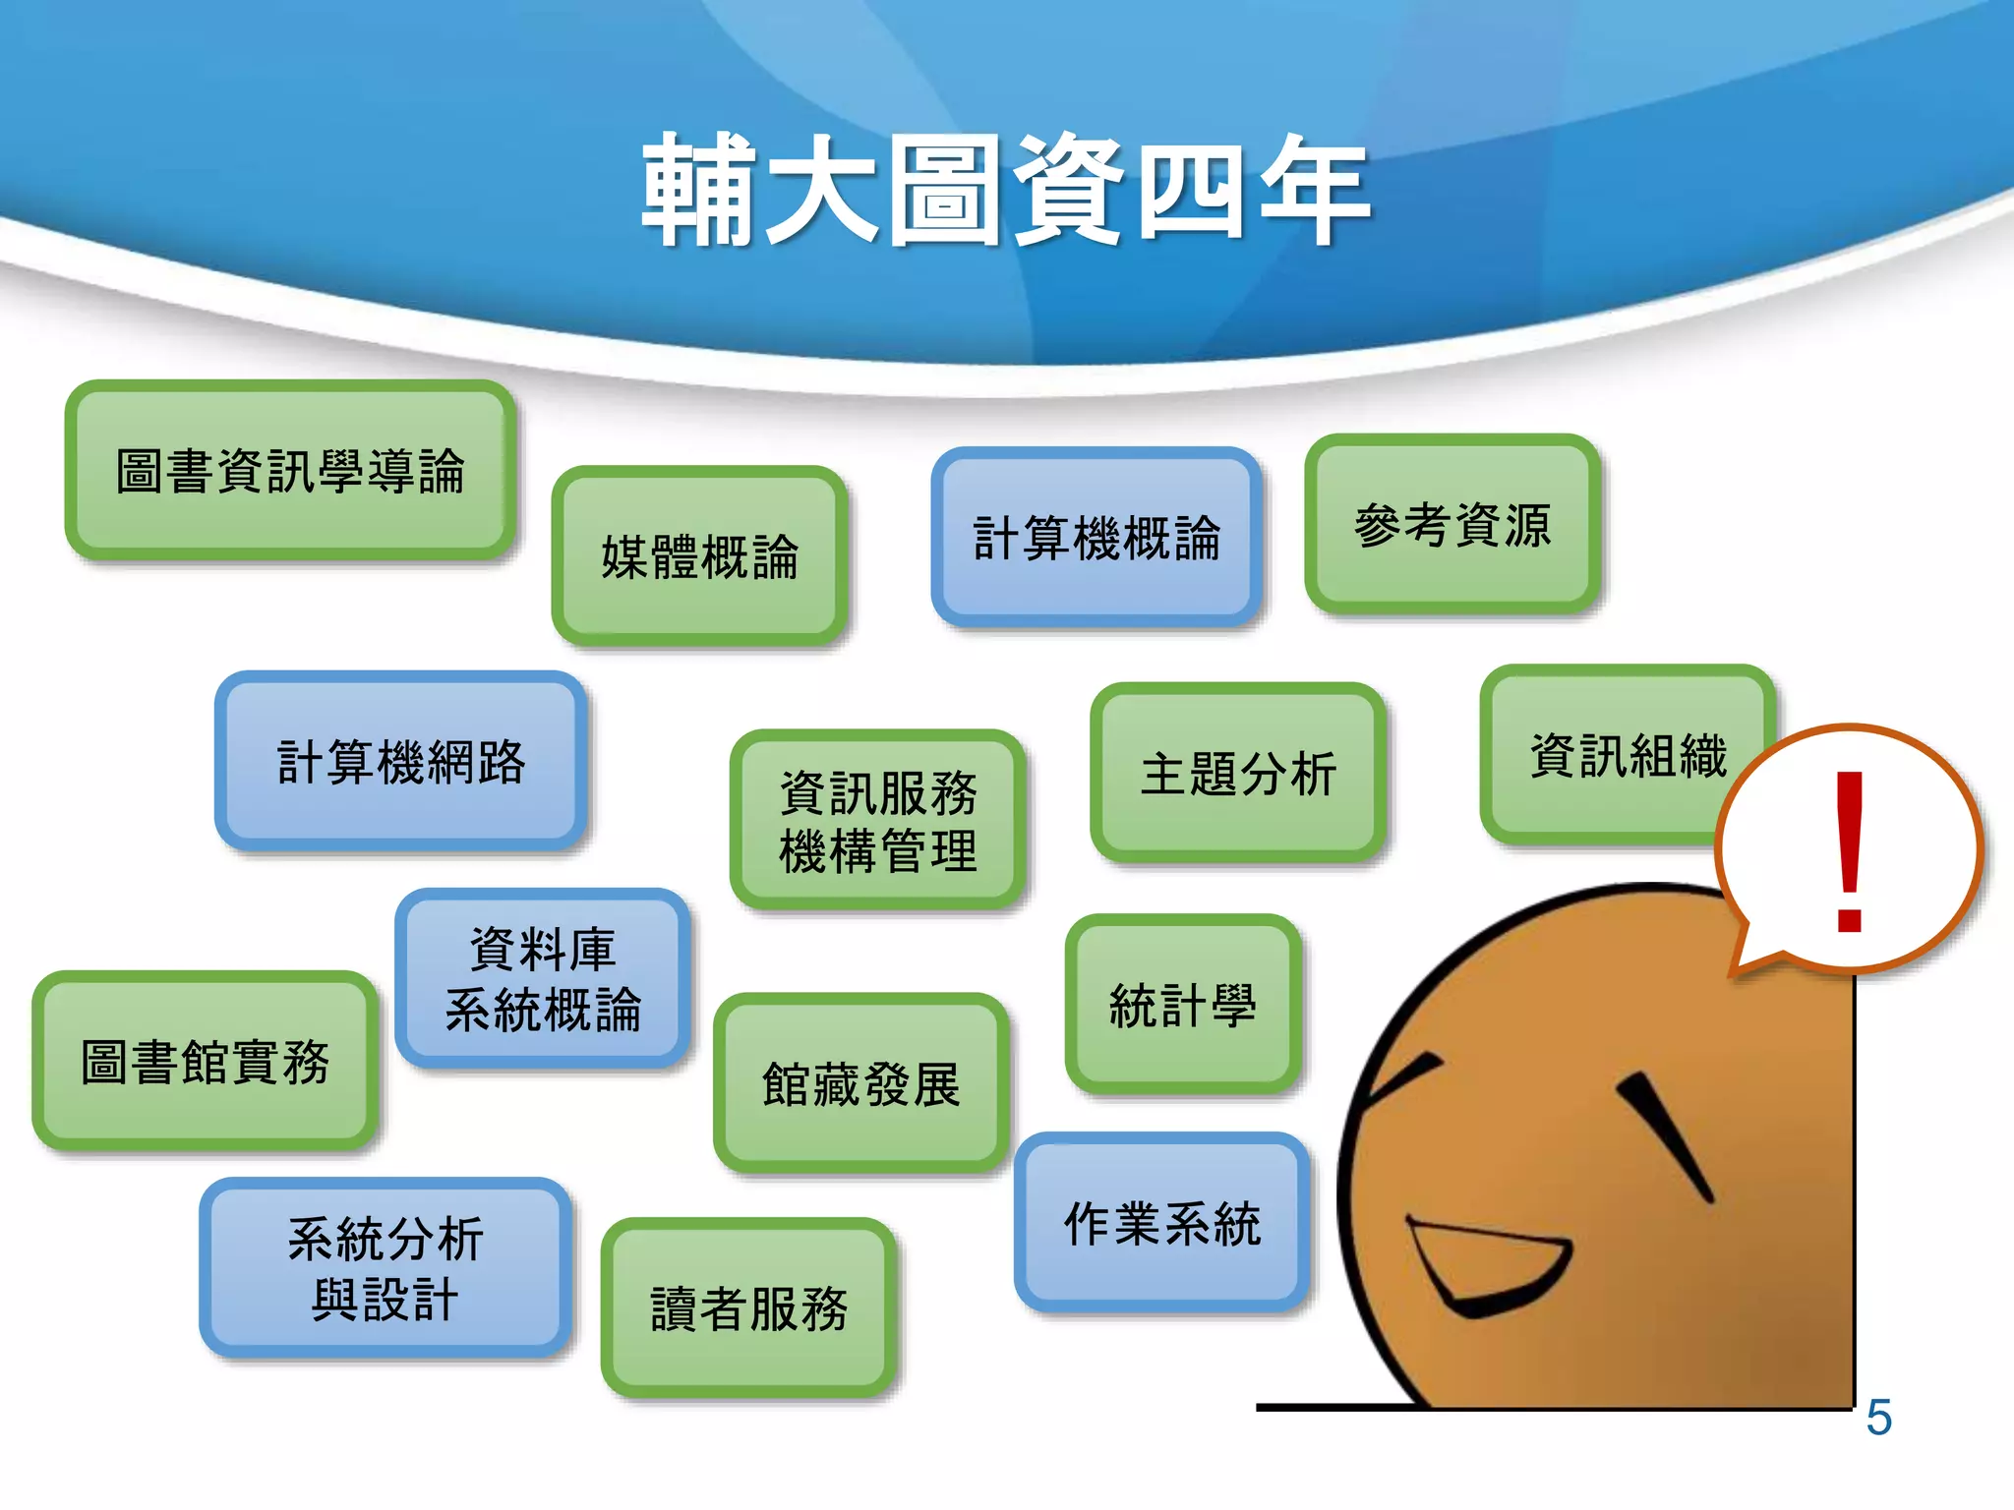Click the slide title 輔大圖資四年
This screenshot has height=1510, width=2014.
[x=1005, y=190]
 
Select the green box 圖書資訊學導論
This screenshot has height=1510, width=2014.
[x=290, y=471]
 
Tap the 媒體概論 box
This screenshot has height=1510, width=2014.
[x=699, y=556]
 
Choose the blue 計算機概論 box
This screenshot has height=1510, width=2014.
[x=1096, y=538]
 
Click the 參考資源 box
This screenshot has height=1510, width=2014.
[x=1452, y=525]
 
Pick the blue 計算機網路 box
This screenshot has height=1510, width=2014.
[x=401, y=762]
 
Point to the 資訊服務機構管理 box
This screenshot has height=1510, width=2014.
[x=877, y=820]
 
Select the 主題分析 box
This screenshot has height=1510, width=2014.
[x=1238, y=773]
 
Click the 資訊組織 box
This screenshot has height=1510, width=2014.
[x=1613, y=755]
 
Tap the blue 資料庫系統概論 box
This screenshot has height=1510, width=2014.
[x=543, y=979]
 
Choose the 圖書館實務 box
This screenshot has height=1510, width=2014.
[x=205, y=1062]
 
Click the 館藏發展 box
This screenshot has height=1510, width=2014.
[x=860, y=1083]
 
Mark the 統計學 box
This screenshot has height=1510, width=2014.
[x=1183, y=1005]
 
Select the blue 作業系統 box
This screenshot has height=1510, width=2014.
[x=1162, y=1223]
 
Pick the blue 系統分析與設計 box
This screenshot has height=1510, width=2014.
[x=385, y=1268]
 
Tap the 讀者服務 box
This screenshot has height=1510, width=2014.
[x=748, y=1308]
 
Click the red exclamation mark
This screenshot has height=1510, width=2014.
[x=1850, y=851]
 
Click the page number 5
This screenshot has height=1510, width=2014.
[x=1878, y=1418]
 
